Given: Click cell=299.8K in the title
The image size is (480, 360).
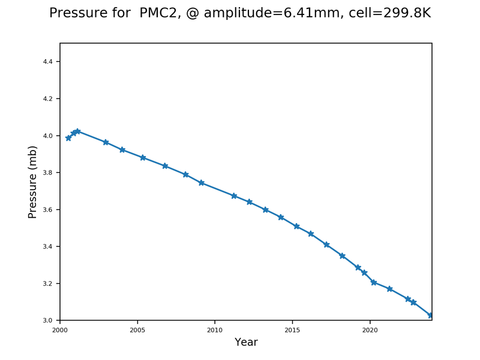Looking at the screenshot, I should click(391, 13).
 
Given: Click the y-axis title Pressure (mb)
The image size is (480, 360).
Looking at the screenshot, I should click(33, 182).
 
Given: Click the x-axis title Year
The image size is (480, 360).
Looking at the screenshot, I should click(246, 343).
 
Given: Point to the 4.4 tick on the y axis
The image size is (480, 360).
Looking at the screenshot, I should click(50, 62).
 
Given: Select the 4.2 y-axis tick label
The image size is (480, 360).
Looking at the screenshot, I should click(50, 99).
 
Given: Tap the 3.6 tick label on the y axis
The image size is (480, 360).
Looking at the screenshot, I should click(50, 209).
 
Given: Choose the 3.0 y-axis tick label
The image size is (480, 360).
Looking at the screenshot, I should click(50, 320).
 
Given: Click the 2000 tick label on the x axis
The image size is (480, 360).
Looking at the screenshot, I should click(60, 330).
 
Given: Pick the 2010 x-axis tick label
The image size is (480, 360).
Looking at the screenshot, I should click(215, 330).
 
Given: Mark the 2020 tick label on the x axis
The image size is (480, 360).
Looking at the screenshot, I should click(370, 330).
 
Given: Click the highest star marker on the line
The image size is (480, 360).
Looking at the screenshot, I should click(77, 131).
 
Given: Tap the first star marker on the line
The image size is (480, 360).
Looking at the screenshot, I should click(68, 138).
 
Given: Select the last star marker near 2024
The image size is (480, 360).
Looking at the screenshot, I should click(431, 316).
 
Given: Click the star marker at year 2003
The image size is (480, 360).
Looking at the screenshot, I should click(106, 142).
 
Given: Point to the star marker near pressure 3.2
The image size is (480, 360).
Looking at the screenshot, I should click(374, 282).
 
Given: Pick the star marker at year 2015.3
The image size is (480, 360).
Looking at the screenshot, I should click(297, 226).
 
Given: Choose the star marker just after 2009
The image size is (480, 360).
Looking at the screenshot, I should click(202, 182).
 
